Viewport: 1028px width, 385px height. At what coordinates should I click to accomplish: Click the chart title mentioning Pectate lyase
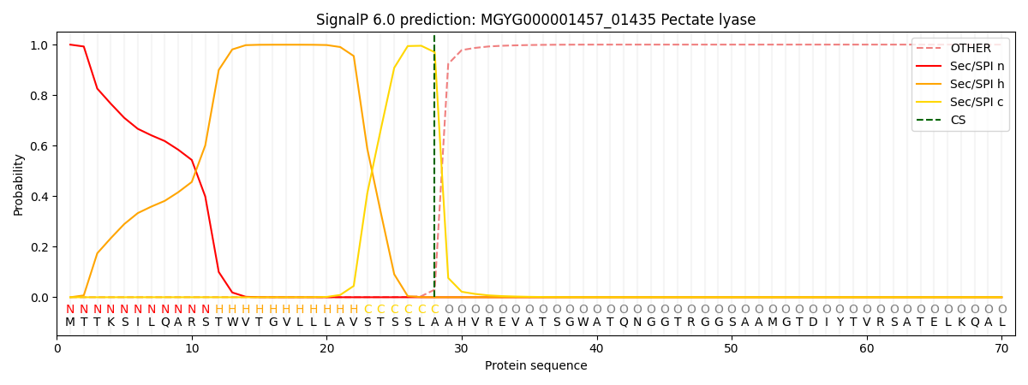pyautogui.click(x=535, y=20)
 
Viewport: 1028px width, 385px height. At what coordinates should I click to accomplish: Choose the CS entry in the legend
pyautogui.click(x=958, y=121)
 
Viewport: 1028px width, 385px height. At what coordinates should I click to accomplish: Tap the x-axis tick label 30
pyautogui.click(x=462, y=348)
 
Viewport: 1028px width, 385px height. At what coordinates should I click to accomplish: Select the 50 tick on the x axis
pyautogui.click(x=732, y=348)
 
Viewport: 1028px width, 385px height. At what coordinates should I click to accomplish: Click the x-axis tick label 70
pyautogui.click(x=1001, y=348)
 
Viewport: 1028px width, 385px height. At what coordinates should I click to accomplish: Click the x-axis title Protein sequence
pyautogui.click(x=535, y=366)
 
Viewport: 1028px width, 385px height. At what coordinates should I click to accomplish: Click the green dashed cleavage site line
pyautogui.click(x=434, y=171)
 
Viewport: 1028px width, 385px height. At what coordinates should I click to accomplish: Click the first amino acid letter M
pyautogui.click(x=70, y=323)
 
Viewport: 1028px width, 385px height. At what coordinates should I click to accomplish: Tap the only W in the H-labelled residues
pyautogui.click(x=232, y=323)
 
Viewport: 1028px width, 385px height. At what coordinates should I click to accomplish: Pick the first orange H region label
pyautogui.click(x=218, y=310)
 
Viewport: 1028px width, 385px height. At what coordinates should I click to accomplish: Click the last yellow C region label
pyautogui.click(x=434, y=310)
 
